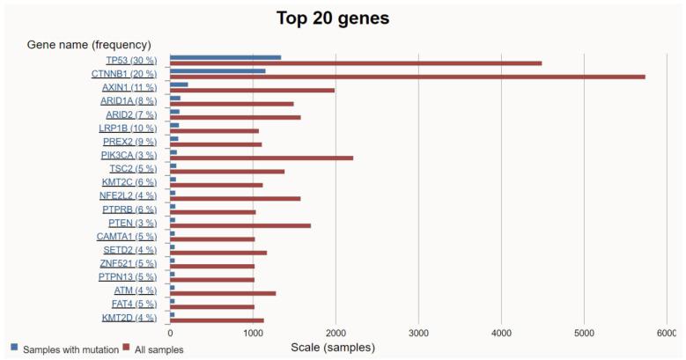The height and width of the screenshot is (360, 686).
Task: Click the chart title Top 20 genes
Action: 333,18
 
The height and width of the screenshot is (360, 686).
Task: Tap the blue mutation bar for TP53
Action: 225,57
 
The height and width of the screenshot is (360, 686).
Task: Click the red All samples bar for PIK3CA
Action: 262,158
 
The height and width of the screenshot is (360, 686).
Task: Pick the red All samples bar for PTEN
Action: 240,225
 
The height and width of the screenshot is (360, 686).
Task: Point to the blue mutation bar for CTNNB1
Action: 218,70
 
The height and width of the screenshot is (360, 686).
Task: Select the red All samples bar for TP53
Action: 356,63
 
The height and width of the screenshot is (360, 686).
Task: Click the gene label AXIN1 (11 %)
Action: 129,88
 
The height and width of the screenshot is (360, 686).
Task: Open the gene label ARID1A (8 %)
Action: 128,101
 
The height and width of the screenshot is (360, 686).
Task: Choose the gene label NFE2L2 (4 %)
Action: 128,195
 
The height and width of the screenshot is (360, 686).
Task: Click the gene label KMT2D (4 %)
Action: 129,318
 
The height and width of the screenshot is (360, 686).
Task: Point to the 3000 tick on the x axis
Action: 418,333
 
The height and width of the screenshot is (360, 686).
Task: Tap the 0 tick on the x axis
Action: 170,333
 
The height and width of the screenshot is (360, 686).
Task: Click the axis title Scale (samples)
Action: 332,348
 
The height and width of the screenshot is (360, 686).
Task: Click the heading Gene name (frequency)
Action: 89,44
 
